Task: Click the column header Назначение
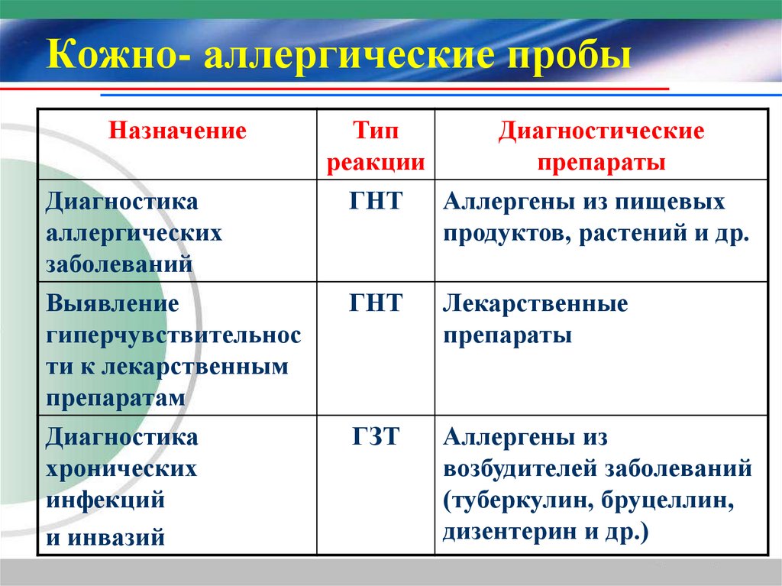pos(177,131)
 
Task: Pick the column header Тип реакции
pos(376,147)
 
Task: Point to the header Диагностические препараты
pos(601,147)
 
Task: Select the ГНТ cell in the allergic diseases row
pos(376,202)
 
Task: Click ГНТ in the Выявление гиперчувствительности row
pos(376,304)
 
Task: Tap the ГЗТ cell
pos(376,438)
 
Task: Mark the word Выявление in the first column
pos(112,304)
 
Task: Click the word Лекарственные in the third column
pos(535,304)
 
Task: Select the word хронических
pos(121,469)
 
